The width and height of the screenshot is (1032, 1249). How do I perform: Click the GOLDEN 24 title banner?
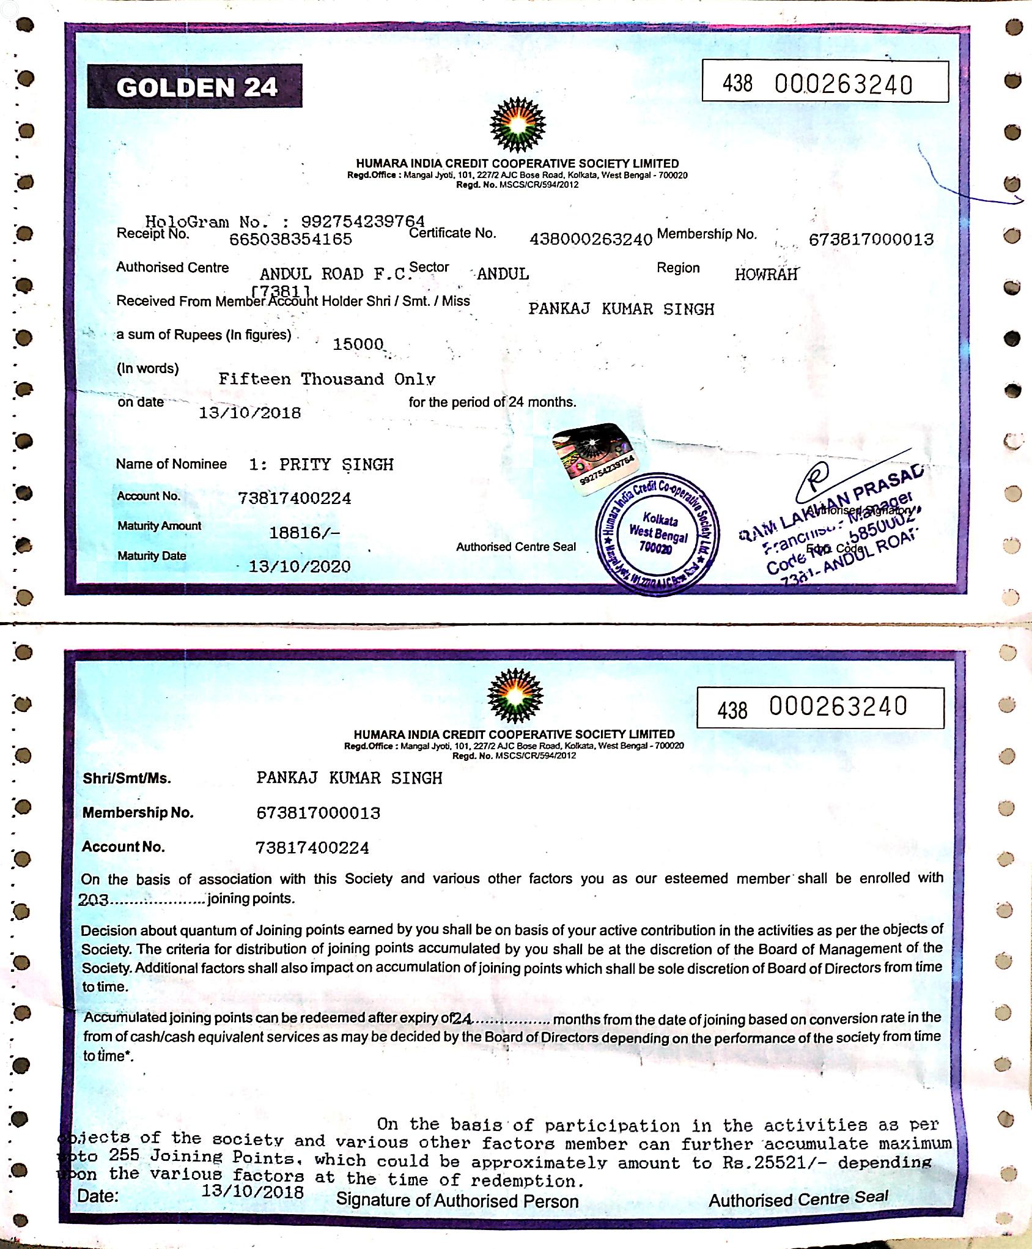[195, 87]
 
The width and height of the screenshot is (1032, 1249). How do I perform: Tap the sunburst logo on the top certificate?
[518, 125]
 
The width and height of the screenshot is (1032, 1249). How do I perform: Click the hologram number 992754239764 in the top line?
[363, 221]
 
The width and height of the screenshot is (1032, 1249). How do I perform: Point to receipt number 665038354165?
[290, 239]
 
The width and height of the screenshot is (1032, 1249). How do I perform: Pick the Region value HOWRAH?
[766, 274]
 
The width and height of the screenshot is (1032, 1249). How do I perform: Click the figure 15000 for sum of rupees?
[358, 344]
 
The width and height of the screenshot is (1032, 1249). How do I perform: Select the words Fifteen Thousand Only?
[326, 379]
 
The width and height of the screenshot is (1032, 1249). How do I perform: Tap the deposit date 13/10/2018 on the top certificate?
[250, 413]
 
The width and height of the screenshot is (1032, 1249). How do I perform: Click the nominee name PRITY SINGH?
[336, 465]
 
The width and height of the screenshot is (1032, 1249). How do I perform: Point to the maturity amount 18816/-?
[304, 533]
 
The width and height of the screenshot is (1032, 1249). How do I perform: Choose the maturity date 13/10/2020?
[300, 566]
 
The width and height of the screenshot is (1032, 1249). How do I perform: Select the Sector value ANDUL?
[503, 274]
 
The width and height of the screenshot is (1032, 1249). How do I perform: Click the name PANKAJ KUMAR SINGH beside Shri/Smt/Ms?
[349, 778]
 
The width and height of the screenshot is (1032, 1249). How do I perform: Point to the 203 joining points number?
[94, 900]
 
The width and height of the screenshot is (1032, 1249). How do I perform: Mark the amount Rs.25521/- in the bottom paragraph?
[774, 1162]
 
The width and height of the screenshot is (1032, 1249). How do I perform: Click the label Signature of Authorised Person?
[457, 1201]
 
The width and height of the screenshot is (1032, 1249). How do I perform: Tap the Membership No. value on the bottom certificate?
[318, 813]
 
